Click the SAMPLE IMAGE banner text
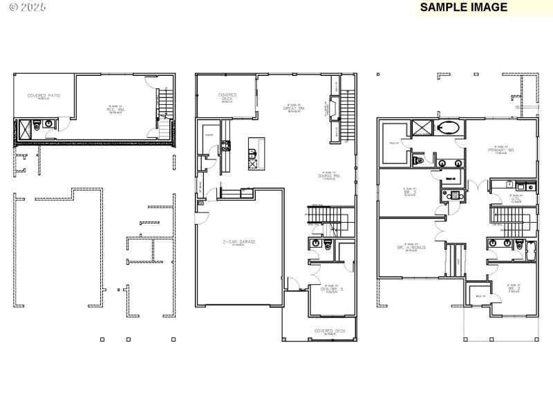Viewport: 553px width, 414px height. (x=464, y=8)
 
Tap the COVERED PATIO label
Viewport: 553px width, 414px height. (x=44, y=96)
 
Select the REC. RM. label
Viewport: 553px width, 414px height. (x=114, y=108)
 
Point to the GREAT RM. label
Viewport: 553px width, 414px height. (x=294, y=108)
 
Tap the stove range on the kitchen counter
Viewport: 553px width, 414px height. (x=225, y=145)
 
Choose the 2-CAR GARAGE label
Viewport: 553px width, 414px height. (x=238, y=241)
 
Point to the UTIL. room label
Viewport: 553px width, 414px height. (x=514, y=199)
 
